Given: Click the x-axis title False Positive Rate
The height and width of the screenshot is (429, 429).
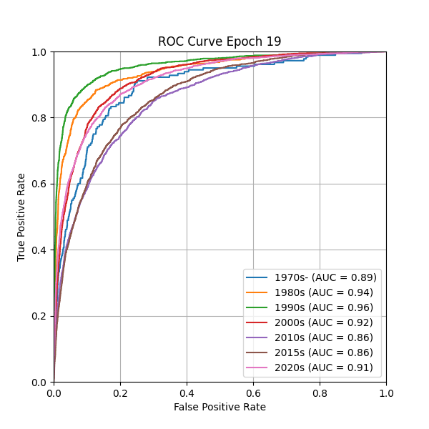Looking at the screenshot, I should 220,407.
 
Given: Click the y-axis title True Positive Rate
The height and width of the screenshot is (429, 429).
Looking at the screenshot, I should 21,217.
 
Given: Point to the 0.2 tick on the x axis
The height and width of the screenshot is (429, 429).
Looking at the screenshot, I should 120,393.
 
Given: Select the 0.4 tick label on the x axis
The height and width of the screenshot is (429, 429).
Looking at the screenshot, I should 187,393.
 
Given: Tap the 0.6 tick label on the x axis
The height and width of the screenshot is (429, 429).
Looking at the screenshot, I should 253,393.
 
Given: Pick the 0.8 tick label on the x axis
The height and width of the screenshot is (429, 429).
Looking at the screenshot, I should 320,393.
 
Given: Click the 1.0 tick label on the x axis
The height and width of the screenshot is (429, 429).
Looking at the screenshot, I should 386,393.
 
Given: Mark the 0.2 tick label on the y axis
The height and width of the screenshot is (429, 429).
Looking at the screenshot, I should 39,316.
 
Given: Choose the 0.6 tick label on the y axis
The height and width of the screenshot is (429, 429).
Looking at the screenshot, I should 39,184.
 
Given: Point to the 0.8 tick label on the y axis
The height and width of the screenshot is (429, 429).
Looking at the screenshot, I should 39,118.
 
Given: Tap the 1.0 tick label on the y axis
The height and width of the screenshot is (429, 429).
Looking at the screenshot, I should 39,52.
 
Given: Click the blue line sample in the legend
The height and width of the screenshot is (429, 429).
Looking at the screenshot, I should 257,277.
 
